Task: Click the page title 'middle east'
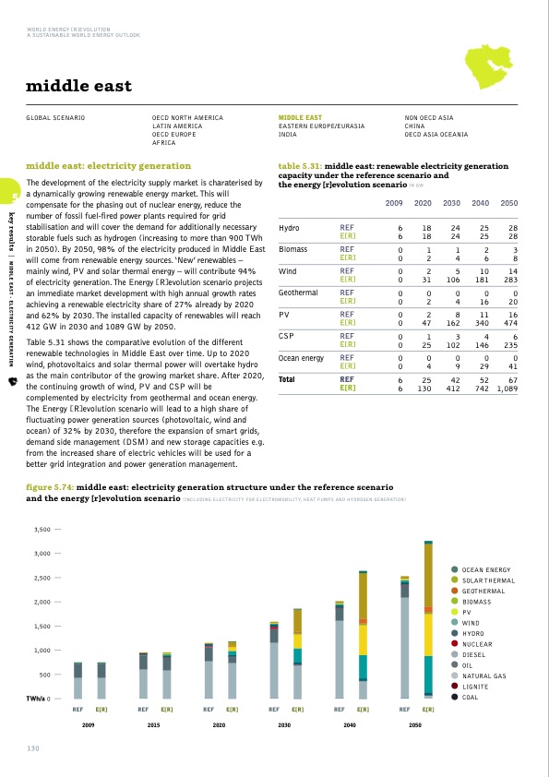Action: [78, 87]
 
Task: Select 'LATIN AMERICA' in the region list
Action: [176, 126]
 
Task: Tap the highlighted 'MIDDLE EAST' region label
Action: [300, 118]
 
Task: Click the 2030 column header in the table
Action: [451, 202]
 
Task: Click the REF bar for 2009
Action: [78, 681]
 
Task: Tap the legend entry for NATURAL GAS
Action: [484, 675]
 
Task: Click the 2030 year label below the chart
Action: [285, 727]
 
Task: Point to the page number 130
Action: [33, 747]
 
